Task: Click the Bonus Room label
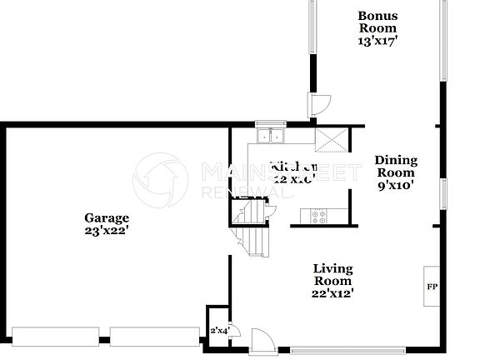(377, 22)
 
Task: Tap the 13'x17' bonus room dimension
(377, 41)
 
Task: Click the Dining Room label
(396, 167)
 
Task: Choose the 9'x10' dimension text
(396, 186)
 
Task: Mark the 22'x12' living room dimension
(332, 292)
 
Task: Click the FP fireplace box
(432, 287)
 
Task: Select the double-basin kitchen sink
(272, 137)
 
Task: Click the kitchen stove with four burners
(319, 216)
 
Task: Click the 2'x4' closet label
(218, 331)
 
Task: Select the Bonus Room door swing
(318, 105)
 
